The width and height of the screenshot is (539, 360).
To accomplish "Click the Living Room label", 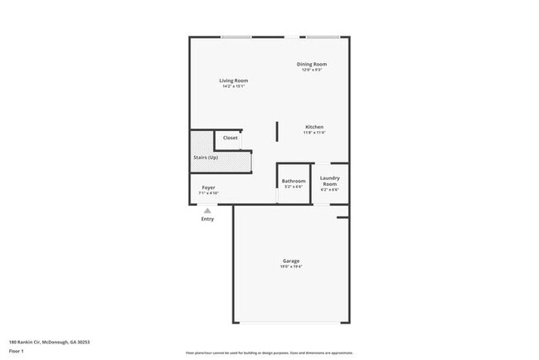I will (x=234, y=80).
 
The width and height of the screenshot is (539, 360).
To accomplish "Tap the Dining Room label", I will (x=312, y=64).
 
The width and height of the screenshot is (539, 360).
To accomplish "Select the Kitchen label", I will (x=313, y=127).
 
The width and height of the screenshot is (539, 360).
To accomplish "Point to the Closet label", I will (x=230, y=138).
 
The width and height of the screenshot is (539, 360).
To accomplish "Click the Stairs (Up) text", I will (x=206, y=157).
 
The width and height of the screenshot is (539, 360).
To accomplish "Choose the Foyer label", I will (x=209, y=187).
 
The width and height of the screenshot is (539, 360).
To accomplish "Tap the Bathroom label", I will (x=294, y=181).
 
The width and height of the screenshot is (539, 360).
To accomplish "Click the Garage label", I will (x=290, y=260).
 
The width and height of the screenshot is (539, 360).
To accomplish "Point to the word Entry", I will (x=207, y=219).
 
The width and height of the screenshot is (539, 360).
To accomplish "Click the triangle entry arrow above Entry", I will (x=207, y=211).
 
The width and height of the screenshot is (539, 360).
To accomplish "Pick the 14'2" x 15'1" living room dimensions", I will (x=234, y=86).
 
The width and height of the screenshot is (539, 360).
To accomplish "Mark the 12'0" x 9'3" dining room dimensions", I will (x=312, y=70).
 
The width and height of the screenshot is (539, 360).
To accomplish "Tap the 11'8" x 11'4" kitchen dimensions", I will (x=313, y=133).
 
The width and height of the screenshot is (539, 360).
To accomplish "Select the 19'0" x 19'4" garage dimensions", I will (x=290, y=266).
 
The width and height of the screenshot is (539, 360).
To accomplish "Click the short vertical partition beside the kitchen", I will (x=277, y=132).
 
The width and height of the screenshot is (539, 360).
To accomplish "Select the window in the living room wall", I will (x=236, y=36).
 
